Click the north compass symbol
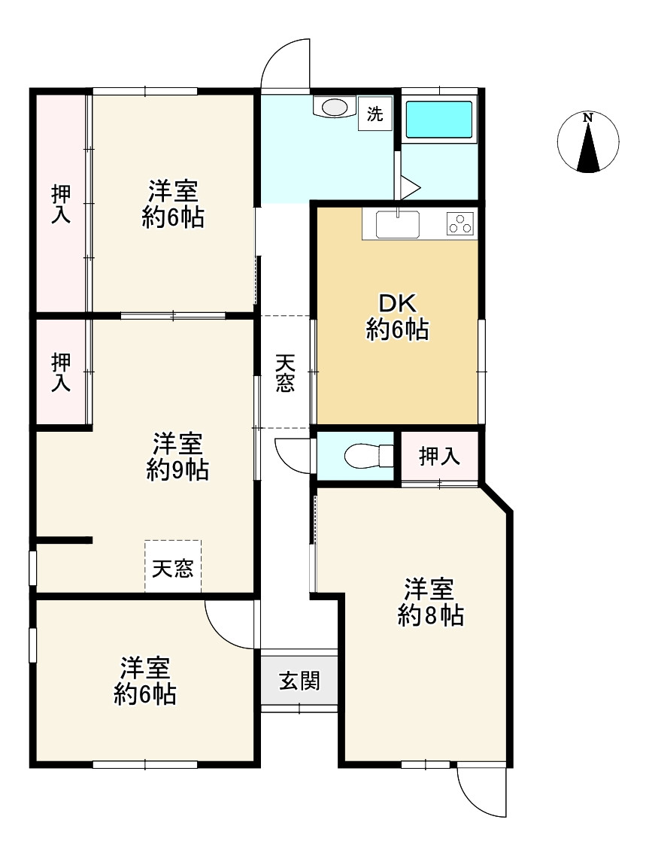(x=588, y=141)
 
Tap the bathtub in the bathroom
(x=439, y=119)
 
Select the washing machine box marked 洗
(x=375, y=114)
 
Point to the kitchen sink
(x=397, y=224)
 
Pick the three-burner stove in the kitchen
(x=459, y=223)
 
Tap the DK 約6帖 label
(x=397, y=317)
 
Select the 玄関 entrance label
(x=299, y=681)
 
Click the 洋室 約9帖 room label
(x=177, y=457)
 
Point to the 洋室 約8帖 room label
(x=430, y=603)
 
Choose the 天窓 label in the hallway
(x=285, y=373)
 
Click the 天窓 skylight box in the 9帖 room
(x=173, y=566)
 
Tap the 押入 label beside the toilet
(x=439, y=457)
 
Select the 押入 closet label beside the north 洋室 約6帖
(x=61, y=204)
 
